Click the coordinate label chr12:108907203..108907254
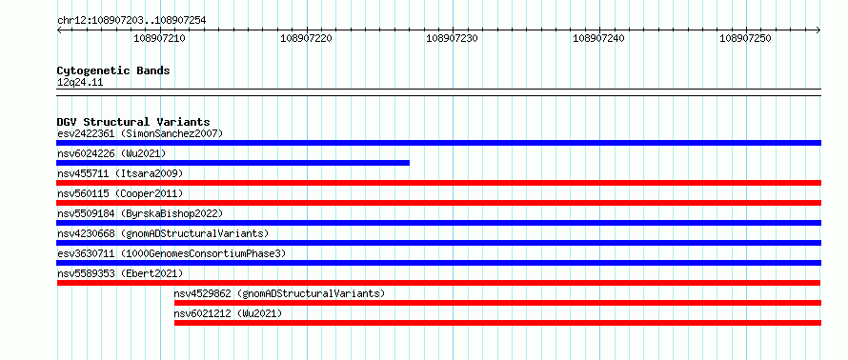tap(131, 21)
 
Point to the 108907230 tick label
tap(453, 38)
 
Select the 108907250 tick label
tap(745, 38)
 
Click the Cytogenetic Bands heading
tap(113, 70)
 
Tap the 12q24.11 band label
tap(80, 83)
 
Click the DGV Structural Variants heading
tap(133, 122)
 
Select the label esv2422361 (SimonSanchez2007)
tap(140, 133)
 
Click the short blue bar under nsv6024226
tap(233, 163)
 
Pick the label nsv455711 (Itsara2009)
tap(120, 173)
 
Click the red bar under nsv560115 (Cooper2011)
tap(438, 203)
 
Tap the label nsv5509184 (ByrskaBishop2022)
tap(140, 213)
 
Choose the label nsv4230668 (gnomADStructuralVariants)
tap(163, 233)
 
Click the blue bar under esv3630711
tap(438, 263)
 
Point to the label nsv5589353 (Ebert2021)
tap(120, 273)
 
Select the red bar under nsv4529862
tap(497, 303)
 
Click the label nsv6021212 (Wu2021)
tap(228, 313)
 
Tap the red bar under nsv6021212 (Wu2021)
tap(497, 323)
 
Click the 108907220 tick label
tap(306, 38)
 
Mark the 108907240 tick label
tap(598, 38)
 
